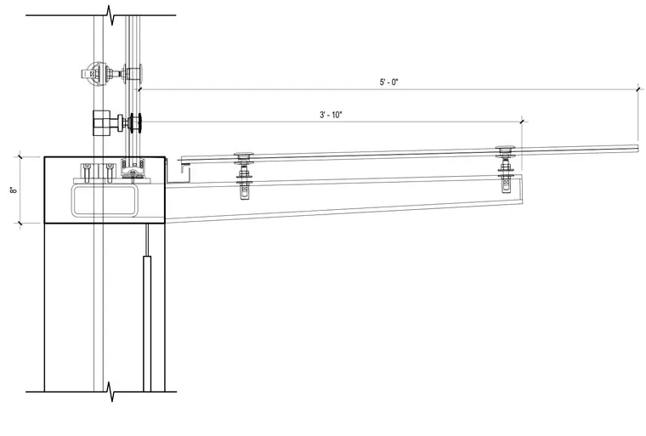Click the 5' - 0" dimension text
(389, 82)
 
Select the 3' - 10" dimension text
(331, 115)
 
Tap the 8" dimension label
(14, 190)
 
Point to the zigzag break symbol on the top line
(110, 15)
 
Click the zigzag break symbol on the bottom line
(110, 392)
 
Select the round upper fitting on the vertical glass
(97, 74)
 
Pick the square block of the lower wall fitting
(100, 122)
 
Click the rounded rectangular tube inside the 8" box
(105, 201)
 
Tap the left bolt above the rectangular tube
(86, 173)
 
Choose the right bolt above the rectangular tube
(109, 173)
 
